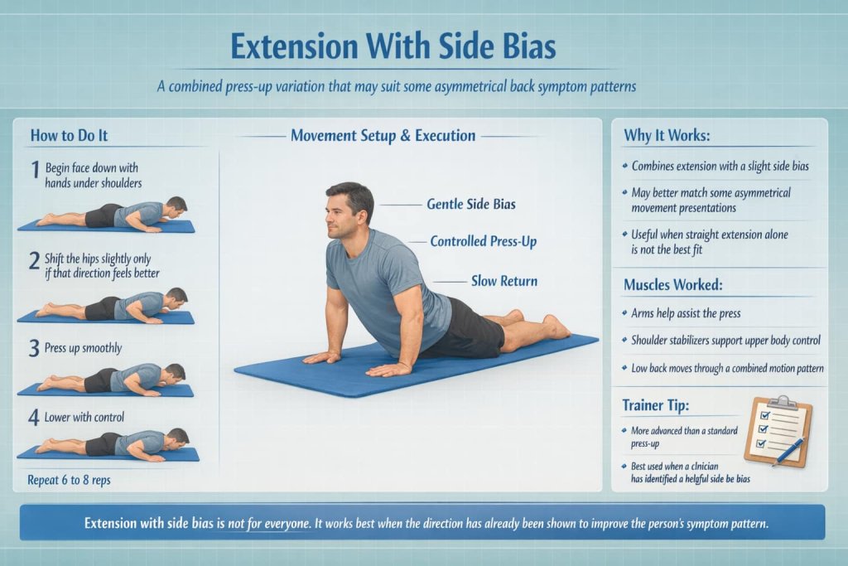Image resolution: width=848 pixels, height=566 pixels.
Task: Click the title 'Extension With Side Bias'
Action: [x=393, y=46]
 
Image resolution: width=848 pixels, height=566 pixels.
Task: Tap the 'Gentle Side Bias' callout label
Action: [x=471, y=204]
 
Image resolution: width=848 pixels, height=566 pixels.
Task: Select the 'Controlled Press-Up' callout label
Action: [x=484, y=241]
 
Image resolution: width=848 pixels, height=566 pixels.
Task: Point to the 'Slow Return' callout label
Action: [x=504, y=281]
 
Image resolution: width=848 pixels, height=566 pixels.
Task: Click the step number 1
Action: [x=35, y=169]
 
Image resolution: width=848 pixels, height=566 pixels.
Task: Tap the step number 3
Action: [x=34, y=349]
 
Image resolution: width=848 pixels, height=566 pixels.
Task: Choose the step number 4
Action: [x=33, y=417]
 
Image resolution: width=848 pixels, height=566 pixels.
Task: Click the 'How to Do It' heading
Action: [x=70, y=135]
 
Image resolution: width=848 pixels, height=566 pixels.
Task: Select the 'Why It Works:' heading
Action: [x=667, y=135]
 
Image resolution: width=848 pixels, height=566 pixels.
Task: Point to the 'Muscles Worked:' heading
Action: [x=672, y=284]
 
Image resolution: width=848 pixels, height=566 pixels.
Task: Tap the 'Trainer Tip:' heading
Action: [x=656, y=405]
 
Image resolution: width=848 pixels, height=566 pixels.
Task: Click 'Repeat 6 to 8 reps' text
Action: [x=70, y=480]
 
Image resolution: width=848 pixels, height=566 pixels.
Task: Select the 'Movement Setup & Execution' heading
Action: [x=383, y=135]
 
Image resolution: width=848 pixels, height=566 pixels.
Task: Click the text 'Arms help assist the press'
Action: [x=686, y=313]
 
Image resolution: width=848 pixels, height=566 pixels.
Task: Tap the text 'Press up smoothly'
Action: [x=84, y=348]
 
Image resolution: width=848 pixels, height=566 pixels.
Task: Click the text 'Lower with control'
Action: [x=84, y=417]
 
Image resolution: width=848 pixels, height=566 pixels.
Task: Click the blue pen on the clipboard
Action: [x=790, y=451]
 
